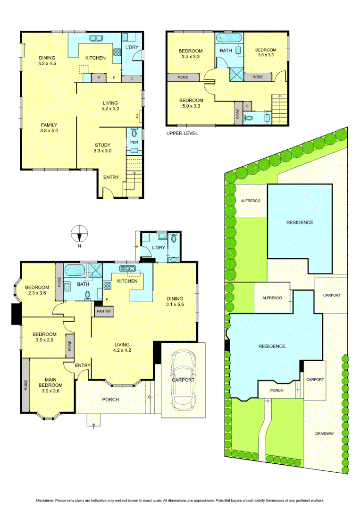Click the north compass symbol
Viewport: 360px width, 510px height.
pyautogui.click(x=80, y=233)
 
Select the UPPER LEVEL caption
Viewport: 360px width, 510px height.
pyautogui.click(x=182, y=134)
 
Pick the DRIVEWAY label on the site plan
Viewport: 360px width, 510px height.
pyautogui.click(x=325, y=433)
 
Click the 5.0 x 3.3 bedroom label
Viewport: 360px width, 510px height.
pyautogui.click(x=191, y=103)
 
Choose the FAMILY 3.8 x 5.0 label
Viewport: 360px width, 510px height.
pyautogui.click(x=49, y=127)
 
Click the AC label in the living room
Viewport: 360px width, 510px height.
pyautogui.click(x=137, y=116)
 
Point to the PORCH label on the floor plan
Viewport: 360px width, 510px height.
pyautogui.click(x=110, y=399)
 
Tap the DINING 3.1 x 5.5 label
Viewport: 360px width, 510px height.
pyautogui.click(x=174, y=302)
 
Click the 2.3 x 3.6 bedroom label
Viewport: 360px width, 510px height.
pyautogui.click(x=37, y=290)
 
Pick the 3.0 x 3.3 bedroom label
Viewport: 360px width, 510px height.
pyautogui.click(x=266, y=52)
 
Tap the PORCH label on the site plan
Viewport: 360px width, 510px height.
pyautogui.click(x=276, y=391)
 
